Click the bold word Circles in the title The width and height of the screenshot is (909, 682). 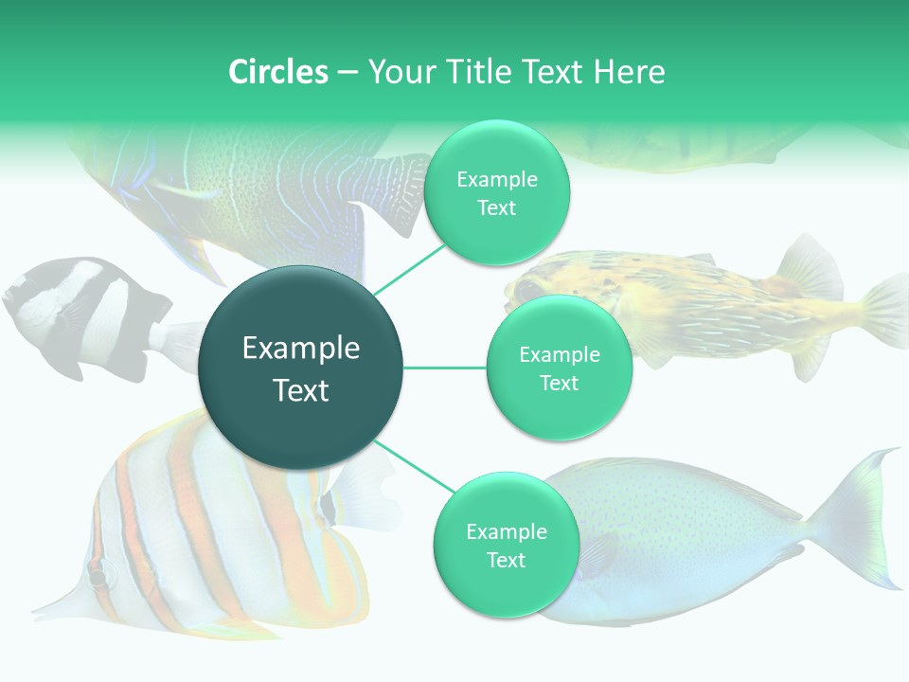278,72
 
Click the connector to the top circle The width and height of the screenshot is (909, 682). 410,267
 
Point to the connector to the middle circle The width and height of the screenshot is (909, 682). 445,368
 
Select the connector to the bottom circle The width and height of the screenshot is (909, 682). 414,466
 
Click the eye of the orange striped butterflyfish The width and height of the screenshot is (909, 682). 98,575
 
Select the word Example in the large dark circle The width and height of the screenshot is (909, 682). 301,349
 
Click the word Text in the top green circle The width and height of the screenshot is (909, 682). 496,208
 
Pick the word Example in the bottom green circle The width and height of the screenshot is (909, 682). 506,531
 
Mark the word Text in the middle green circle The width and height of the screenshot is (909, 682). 559,383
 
